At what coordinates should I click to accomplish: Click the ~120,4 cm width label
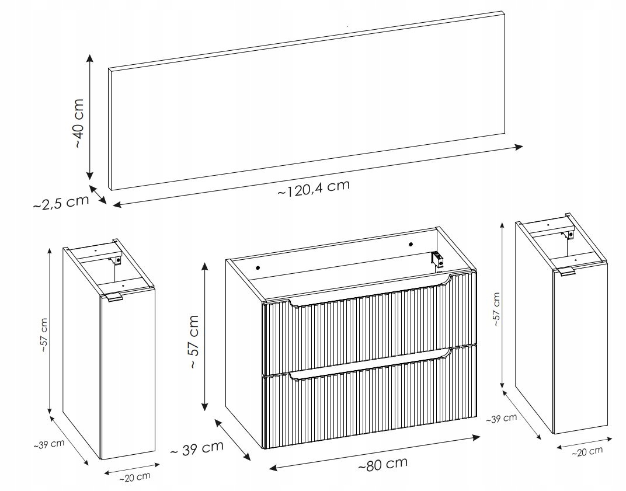(314, 188)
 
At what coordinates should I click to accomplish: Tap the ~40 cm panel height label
(79, 123)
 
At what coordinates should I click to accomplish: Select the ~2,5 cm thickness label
(61, 203)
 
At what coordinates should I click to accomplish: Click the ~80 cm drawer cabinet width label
(382, 464)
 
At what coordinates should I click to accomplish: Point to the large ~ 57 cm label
(193, 342)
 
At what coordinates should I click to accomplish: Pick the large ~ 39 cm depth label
(197, 448)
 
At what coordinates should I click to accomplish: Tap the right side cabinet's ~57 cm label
(496, 309)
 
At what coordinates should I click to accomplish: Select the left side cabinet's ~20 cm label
(134, 477)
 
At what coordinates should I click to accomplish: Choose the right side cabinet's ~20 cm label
(587, 452)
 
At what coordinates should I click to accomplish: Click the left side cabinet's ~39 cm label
(48, 444)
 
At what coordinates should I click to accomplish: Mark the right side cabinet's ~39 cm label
(502, 419)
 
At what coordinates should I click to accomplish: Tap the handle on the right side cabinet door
(566, 271)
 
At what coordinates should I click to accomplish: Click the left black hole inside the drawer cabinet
(258, 267)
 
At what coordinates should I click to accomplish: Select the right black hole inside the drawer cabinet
(410, 244)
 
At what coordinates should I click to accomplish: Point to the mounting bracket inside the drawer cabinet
(438, 260)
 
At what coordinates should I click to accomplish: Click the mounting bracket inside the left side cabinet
(117, 260)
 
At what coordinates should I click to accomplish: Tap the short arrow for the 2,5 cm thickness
(98, 194)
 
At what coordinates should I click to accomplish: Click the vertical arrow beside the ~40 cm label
(90, 117)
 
